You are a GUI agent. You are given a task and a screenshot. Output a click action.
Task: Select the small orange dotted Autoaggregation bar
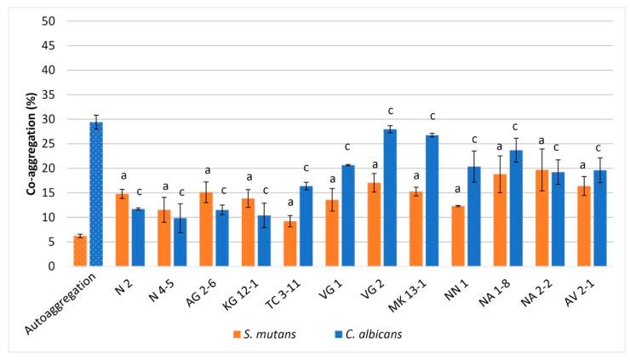(80, 251)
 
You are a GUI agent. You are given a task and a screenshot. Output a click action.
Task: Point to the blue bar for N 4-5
(180, 242)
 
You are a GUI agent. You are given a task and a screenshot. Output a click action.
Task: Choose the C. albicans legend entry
(368, 333)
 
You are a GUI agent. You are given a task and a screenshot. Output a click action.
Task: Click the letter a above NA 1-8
(501, 146)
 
